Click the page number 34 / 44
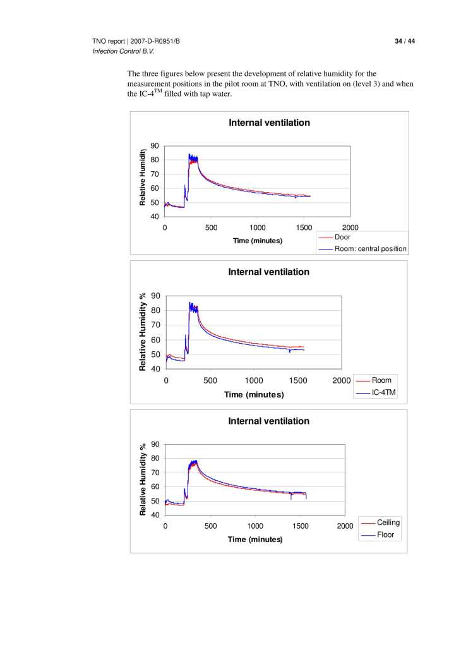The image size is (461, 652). pyautogui.click(x=404, y=41)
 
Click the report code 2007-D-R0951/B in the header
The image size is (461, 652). pyautogui.click(x=154, y=41)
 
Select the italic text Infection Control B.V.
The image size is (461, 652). pyautogui.click(x=124, y=51)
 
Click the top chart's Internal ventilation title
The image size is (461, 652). pyautogui.click(x=269, y=123)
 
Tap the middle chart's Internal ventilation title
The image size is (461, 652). pyautogui.click(x=268, y=272)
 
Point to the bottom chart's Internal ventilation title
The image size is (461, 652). pyautogui.click(x=268, y=421)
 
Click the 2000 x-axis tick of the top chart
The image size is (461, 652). pyautogui.click(x=350, y=227)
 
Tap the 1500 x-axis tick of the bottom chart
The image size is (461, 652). pyautogui.click(x=299, y=526)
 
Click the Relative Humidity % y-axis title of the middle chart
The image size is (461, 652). pyautogui.click(x=143, y=332)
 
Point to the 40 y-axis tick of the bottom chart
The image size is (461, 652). pyautogui.click(x=155, y=516)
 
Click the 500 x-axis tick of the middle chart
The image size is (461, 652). pyautogui.click(x=210, y=380)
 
